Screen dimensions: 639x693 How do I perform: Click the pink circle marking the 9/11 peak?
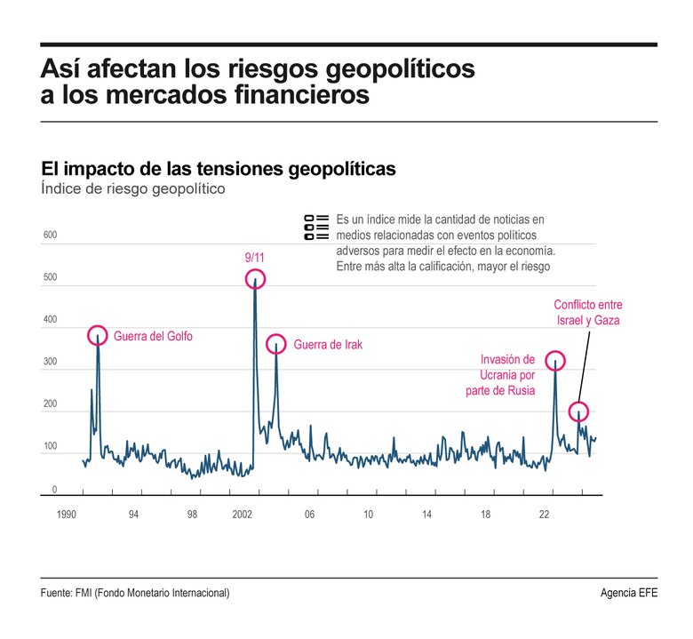tap(255, 279)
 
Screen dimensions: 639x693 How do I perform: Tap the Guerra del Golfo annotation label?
tap(153, 337)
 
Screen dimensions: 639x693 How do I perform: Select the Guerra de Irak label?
tap(328, 345)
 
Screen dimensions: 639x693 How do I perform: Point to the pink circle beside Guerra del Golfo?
tap(98, 335)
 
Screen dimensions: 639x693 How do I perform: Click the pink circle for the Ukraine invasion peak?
tap(554, 361)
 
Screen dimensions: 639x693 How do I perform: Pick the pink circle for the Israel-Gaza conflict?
tap(578, 411)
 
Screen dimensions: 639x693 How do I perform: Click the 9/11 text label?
tap(254, 258)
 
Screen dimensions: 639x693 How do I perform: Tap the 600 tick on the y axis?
tap(50, 236)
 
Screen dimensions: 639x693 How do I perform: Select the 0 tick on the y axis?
tap(54, 490)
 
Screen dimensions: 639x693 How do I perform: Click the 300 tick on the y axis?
tap(50, 363)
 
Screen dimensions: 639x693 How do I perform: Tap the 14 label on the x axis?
tap(426, 515)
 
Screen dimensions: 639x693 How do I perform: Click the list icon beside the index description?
tap(315, 228)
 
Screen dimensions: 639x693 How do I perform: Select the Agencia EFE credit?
tap(629, 593)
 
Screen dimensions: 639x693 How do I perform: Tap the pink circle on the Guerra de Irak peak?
tap(276, 343)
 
